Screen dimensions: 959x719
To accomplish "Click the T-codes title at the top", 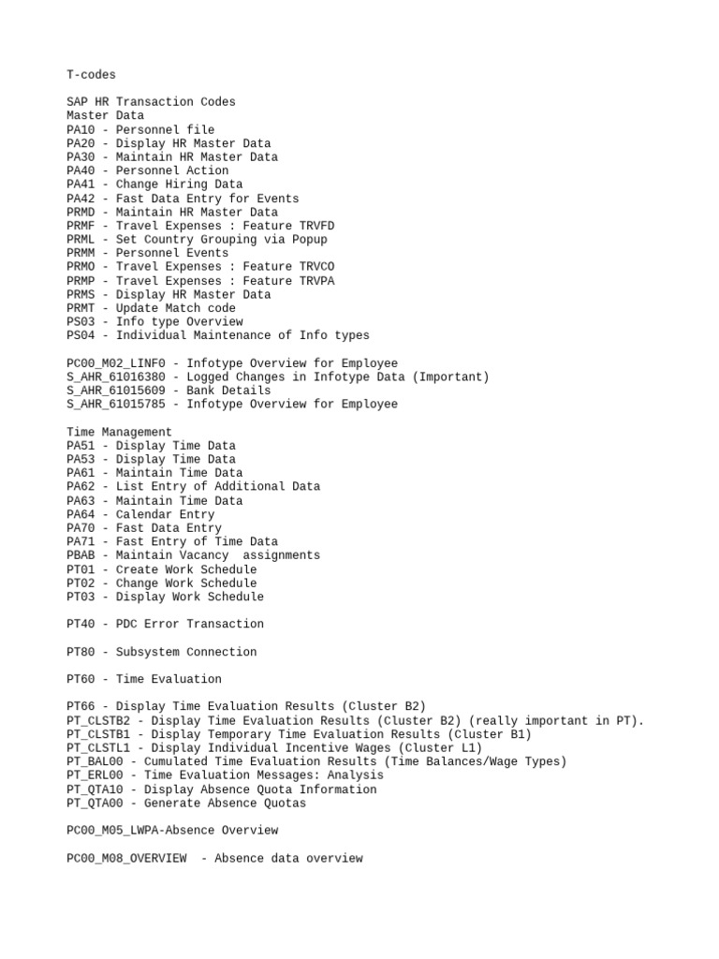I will pyautogui.click(x=92, y=75).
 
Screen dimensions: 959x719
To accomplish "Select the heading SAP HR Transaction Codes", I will pyautogui.click(x=151, y=102).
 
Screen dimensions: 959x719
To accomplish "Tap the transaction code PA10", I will pyautogui.click(x=81, y=130).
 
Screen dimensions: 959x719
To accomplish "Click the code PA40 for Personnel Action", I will pyautogui.click(x=81, y=170).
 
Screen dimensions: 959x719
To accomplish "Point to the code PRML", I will pyautogui.click(x=81, y=240).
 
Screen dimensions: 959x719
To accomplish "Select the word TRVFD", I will pyautogui.click(x=315, y=226).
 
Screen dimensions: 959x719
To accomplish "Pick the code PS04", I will pyautogui.click(x=81, y=335).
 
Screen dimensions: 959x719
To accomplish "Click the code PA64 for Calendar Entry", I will pyautogui.click(x=81, y=514).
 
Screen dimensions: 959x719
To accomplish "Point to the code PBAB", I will pyautogui.click(x=81, y=555).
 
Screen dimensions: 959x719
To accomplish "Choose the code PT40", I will pyautogui.click(x=81, y=624).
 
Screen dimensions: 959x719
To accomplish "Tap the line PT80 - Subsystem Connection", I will pyautogui.click(x=161, y=652).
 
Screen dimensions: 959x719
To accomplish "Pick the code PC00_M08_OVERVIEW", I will pyautogui.click(x=126, y=858).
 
